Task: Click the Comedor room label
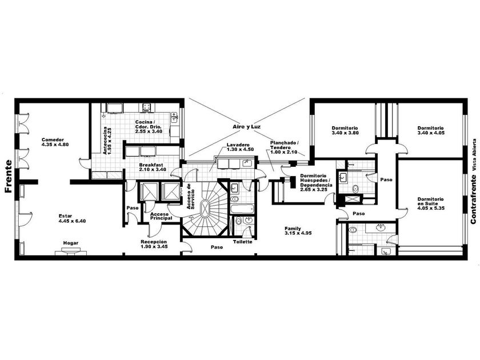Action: pos(55,142)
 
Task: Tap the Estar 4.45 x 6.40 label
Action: pos(72,218)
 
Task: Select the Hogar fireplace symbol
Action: pos(71,252)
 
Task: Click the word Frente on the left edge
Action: pos(9,177)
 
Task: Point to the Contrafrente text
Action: pos(473,199)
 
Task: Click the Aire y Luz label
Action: pos(247,126)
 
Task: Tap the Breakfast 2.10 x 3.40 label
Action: pos(153,167)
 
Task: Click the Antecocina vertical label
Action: pos(107,141)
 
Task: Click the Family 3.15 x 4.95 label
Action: pos(298,230)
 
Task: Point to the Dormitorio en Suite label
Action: pos(431,203)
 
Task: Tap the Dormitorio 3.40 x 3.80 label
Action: pos(345,130)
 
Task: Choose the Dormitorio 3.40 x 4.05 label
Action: pos(431,130)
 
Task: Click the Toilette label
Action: pos(243,242)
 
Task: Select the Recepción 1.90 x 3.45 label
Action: pos(154,244)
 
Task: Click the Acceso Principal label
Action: pos(161,216)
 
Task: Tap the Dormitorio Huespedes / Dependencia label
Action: pos(316,183)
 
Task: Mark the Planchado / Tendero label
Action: pos(284,147)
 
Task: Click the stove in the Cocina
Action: pos(147,107)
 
